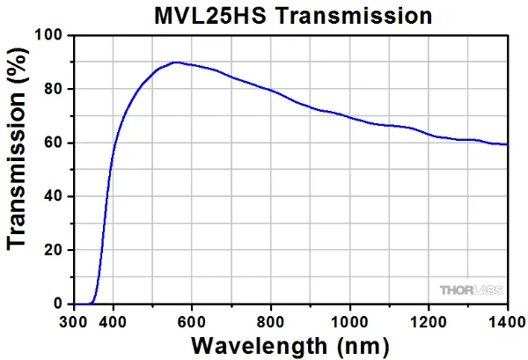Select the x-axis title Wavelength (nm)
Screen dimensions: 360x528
click(290, 344)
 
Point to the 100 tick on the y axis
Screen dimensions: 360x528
click(55, 35)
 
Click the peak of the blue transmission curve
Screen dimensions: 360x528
click(176, 62)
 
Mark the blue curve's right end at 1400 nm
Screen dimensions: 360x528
click(507, 144)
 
